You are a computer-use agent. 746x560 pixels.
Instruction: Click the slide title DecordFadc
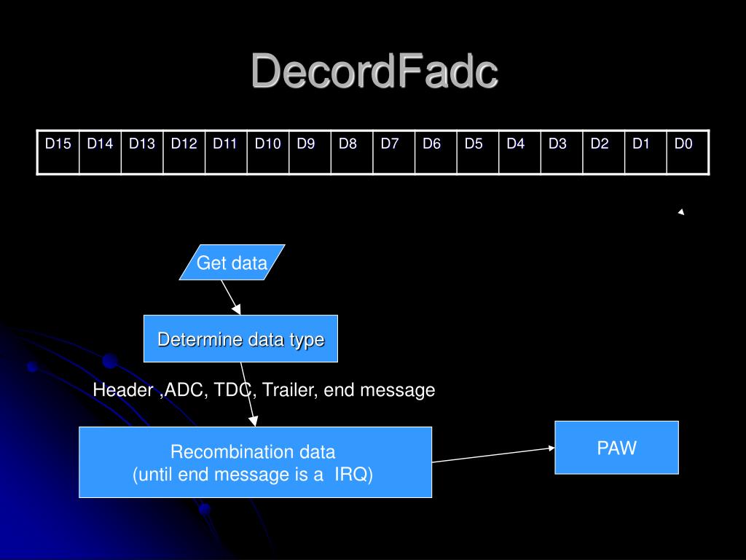tap(374, 72)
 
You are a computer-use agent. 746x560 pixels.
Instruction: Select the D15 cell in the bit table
tap(58, 152)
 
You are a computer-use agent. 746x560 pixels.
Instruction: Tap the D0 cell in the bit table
tap(688, 152)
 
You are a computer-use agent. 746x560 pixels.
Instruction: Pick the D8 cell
tap(352, 152)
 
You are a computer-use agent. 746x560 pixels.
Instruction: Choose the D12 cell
tap(184, 152)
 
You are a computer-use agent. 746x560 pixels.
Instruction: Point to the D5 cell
tap(478, 152)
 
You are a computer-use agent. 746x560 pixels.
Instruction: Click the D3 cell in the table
tap(562, 152)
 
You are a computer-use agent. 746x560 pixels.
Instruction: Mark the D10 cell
tap(268, 152)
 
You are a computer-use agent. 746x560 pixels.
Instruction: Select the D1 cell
tap(645, 152)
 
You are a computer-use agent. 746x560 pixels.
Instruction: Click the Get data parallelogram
tap(232, 262)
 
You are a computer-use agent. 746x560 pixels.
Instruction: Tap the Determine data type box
tap(240, 339)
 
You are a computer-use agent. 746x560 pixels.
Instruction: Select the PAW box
tap(616, 448)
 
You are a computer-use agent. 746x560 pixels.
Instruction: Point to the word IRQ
tap(353, 475)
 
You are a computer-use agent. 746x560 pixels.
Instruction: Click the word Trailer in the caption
tap(289, 390)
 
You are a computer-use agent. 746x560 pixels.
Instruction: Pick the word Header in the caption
tap(122, 390)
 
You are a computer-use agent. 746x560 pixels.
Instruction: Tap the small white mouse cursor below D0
tap(681, 212)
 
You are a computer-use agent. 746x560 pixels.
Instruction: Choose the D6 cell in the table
tap(436, 152)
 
